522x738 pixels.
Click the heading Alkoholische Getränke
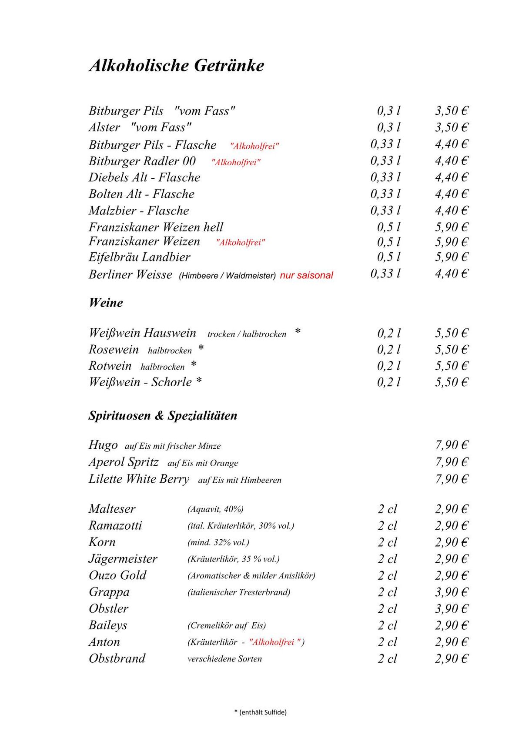tap(177, 66)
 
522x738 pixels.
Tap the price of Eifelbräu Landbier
tap(452, 257)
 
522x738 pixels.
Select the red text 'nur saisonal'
tap(306, 275)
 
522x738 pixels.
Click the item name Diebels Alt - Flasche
tap(144, 177)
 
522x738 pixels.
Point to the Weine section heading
tap(106, 303)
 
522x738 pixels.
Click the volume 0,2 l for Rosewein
tap(388, 350)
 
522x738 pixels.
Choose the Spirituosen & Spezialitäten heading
tap(163, 416)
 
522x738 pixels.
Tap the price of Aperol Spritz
tap(452, 462)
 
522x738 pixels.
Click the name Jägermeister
tap(123, 559)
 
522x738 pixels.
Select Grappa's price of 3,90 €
tap(452, 592)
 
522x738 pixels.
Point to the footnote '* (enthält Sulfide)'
tap(261, 712)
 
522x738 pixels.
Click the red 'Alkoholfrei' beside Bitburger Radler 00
tap(236, 163)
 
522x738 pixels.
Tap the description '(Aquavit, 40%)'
tap(215, 509)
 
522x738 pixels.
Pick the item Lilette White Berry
tap(139, 479)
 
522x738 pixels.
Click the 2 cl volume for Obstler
tap(387, 609)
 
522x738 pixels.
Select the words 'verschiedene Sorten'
tap(224, 659)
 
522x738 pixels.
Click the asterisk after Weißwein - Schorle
tap(199, 381)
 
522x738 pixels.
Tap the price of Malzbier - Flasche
tap(452, 211)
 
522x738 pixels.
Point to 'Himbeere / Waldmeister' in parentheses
tap(227, 276)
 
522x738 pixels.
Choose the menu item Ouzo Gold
tap(117, 575)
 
